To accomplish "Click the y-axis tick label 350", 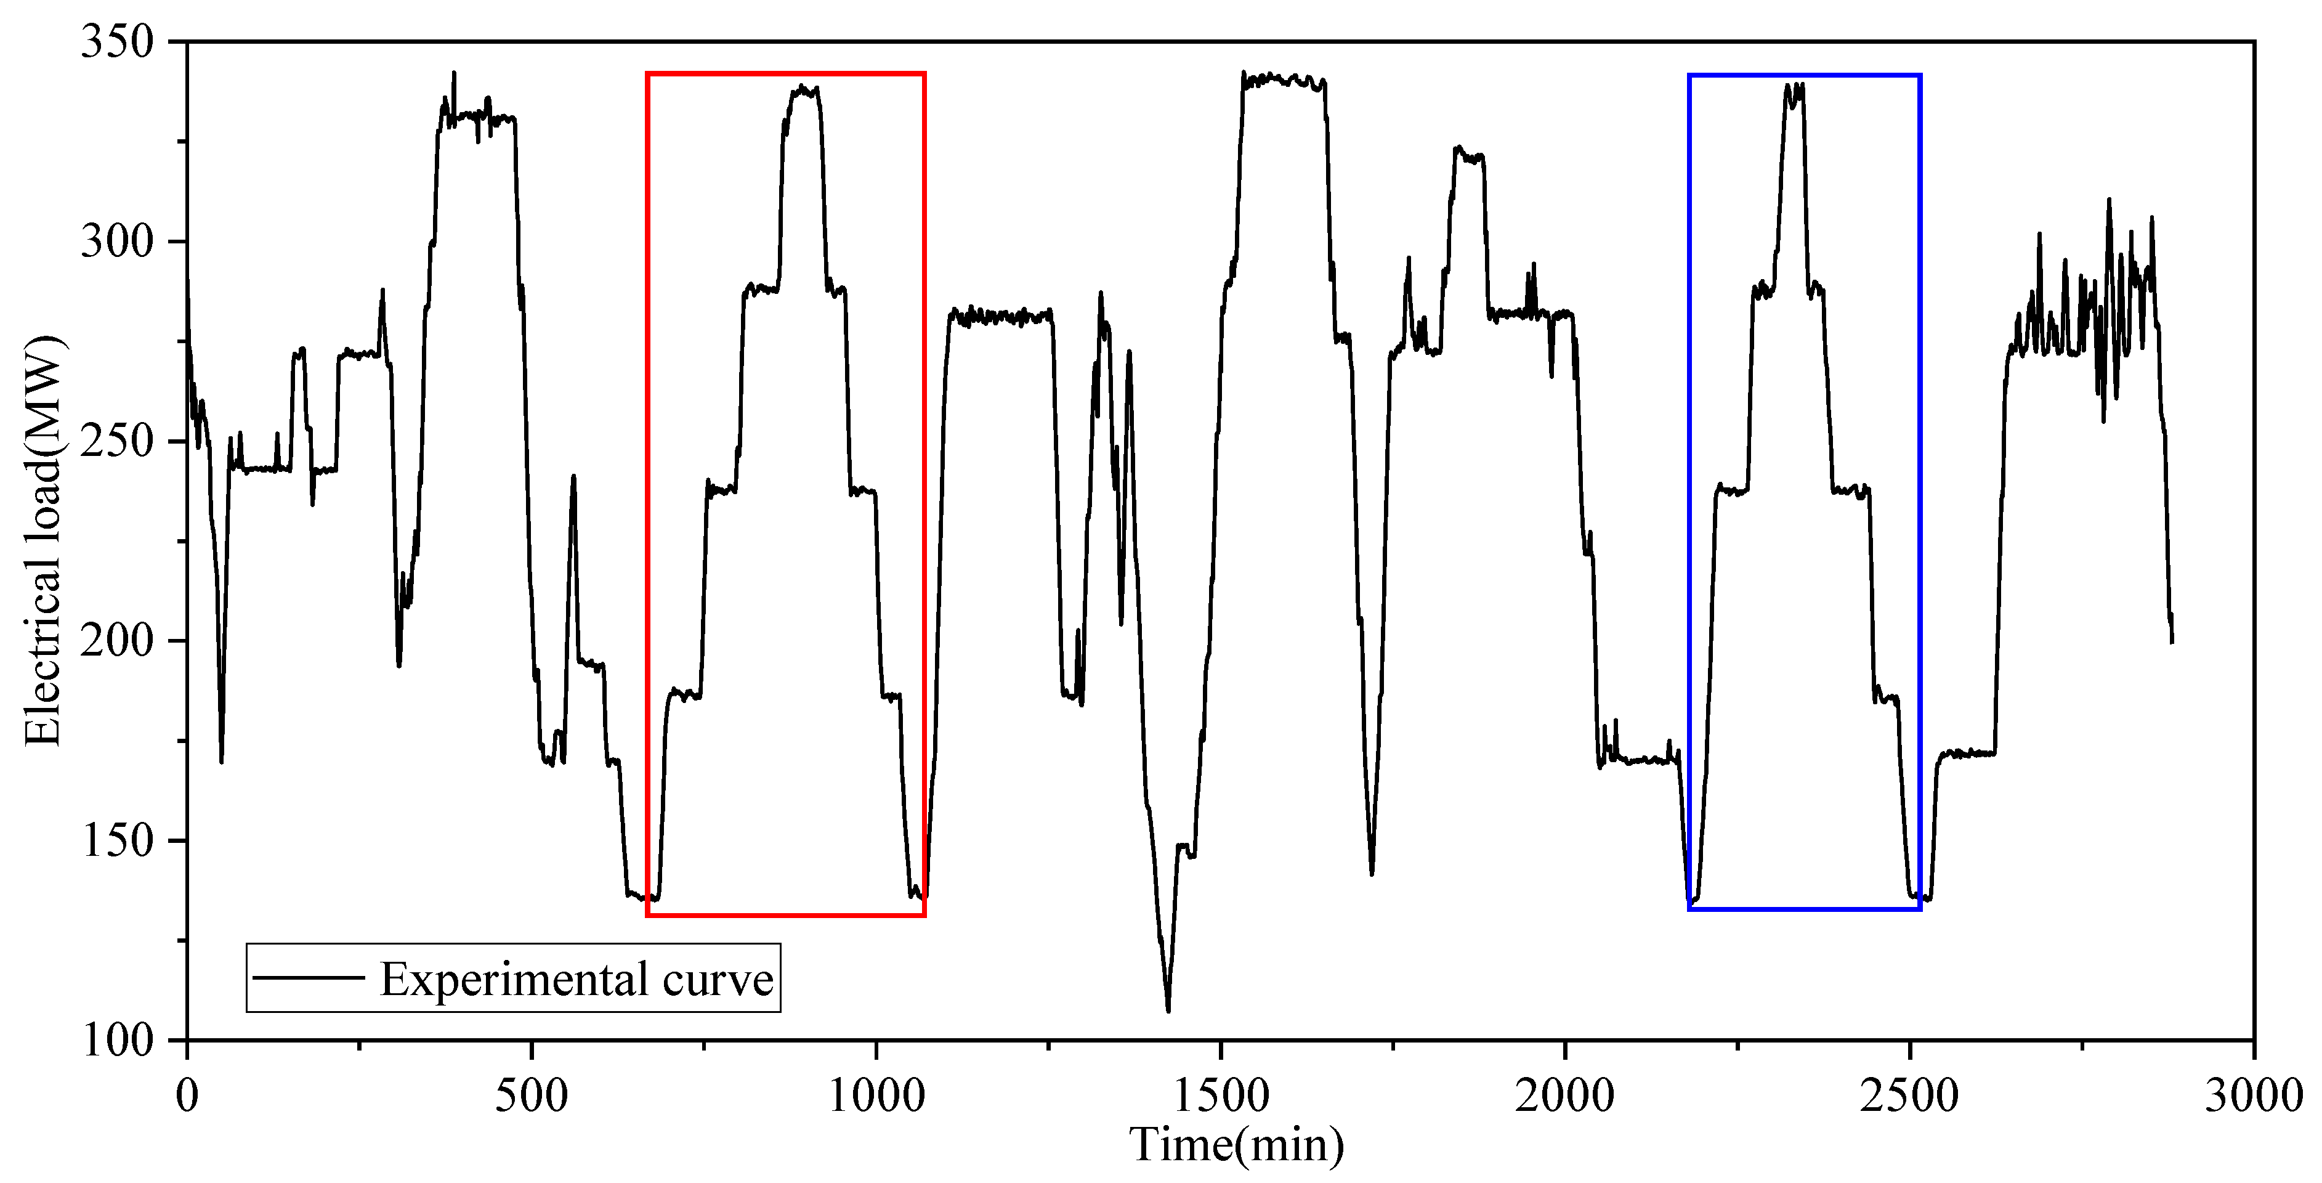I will [x=117, y=43].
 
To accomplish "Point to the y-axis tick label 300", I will [x=117, y=242].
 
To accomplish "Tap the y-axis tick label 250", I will [x=117, y=442].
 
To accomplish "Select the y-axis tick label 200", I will [x=117, y=641].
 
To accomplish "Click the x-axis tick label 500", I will [x=532, y=1096].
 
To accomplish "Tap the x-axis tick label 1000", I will [x=876, y=1096].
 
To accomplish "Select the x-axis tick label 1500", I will [x=1221, y=1096].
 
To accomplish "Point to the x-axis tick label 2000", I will [x=1565, y=1096].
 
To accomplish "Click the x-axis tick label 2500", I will [x=1909, y=1096].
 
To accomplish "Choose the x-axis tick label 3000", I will [x=2254, y=1096].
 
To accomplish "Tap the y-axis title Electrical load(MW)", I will [x=42, y=541].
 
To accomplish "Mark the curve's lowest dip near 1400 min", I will [x=1168, y=1010].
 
